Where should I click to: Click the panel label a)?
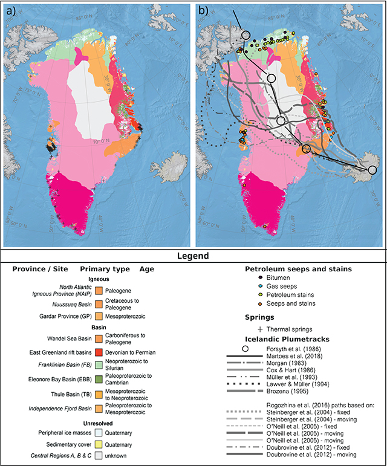pyautogui.click(x=10, y=10)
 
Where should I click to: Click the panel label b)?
pyautogui.click(x=203, y=10)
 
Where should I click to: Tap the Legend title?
pyautogui.click(x=193, y=256)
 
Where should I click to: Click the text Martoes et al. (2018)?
pyautogui.click(x=295, y=357)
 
